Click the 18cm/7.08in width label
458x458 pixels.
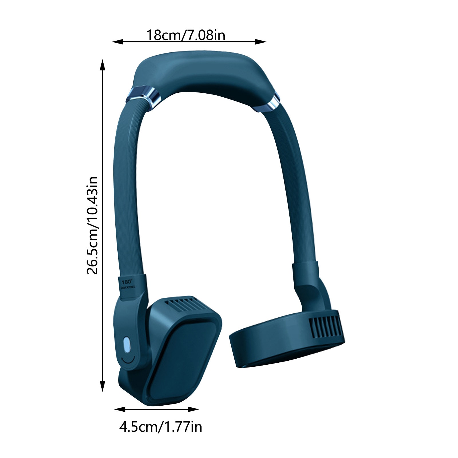(186, 35)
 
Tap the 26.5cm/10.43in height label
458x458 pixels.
(92, 226)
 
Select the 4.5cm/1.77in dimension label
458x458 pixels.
(161, 427)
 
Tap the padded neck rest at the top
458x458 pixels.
(202, 72)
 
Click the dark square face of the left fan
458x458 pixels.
(183, 364)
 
